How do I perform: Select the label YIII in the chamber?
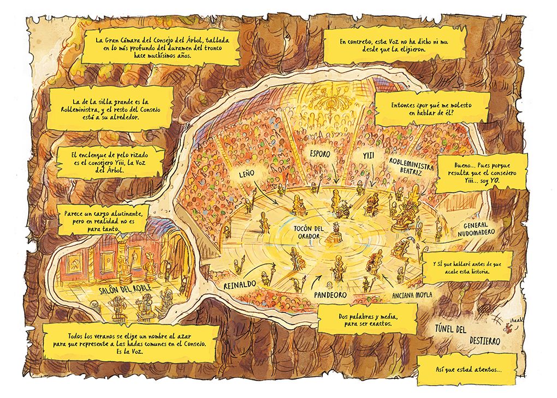367,155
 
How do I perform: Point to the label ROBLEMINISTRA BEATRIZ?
412,167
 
